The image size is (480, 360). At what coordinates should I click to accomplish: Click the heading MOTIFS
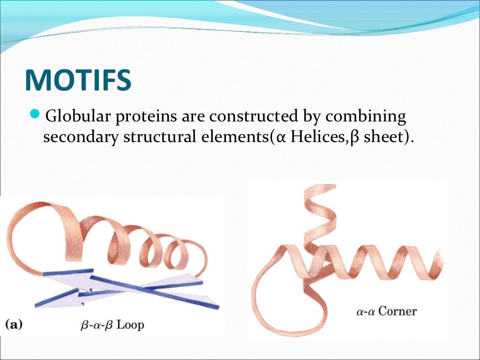(78, 80)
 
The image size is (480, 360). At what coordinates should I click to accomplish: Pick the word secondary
(80, 138)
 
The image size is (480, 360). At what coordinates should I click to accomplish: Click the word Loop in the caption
(130, 324)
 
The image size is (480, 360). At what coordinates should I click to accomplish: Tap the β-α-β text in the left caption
(98, 324)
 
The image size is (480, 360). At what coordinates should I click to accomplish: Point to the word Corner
(397, 311)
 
